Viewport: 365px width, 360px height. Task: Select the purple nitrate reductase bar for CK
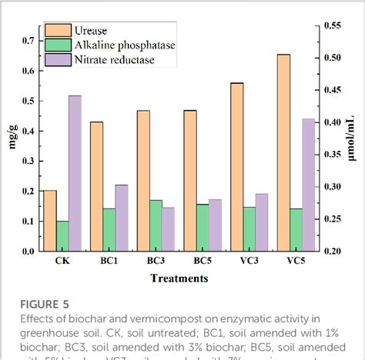[75, 173]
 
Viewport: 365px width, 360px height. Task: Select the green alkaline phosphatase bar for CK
[62, 235]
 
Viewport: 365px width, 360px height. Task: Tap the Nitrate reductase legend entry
[116, 59]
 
